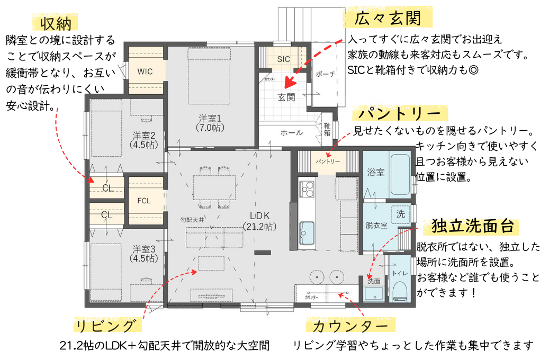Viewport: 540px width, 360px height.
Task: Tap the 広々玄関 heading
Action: [389, 20]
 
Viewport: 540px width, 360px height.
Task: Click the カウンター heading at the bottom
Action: [346, 325]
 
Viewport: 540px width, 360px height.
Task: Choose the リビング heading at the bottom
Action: [108, 325]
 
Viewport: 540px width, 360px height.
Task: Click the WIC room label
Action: [145, 71]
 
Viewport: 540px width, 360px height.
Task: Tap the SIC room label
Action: [283, 59]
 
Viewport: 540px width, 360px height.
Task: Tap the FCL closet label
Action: [145, 201]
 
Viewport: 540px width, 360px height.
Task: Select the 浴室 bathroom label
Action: [375, 173]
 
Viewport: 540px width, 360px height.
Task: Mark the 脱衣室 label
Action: [376, 225]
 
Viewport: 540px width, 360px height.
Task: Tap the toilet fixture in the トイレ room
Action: [400, 291]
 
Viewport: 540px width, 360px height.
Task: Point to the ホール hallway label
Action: [292, 132]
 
